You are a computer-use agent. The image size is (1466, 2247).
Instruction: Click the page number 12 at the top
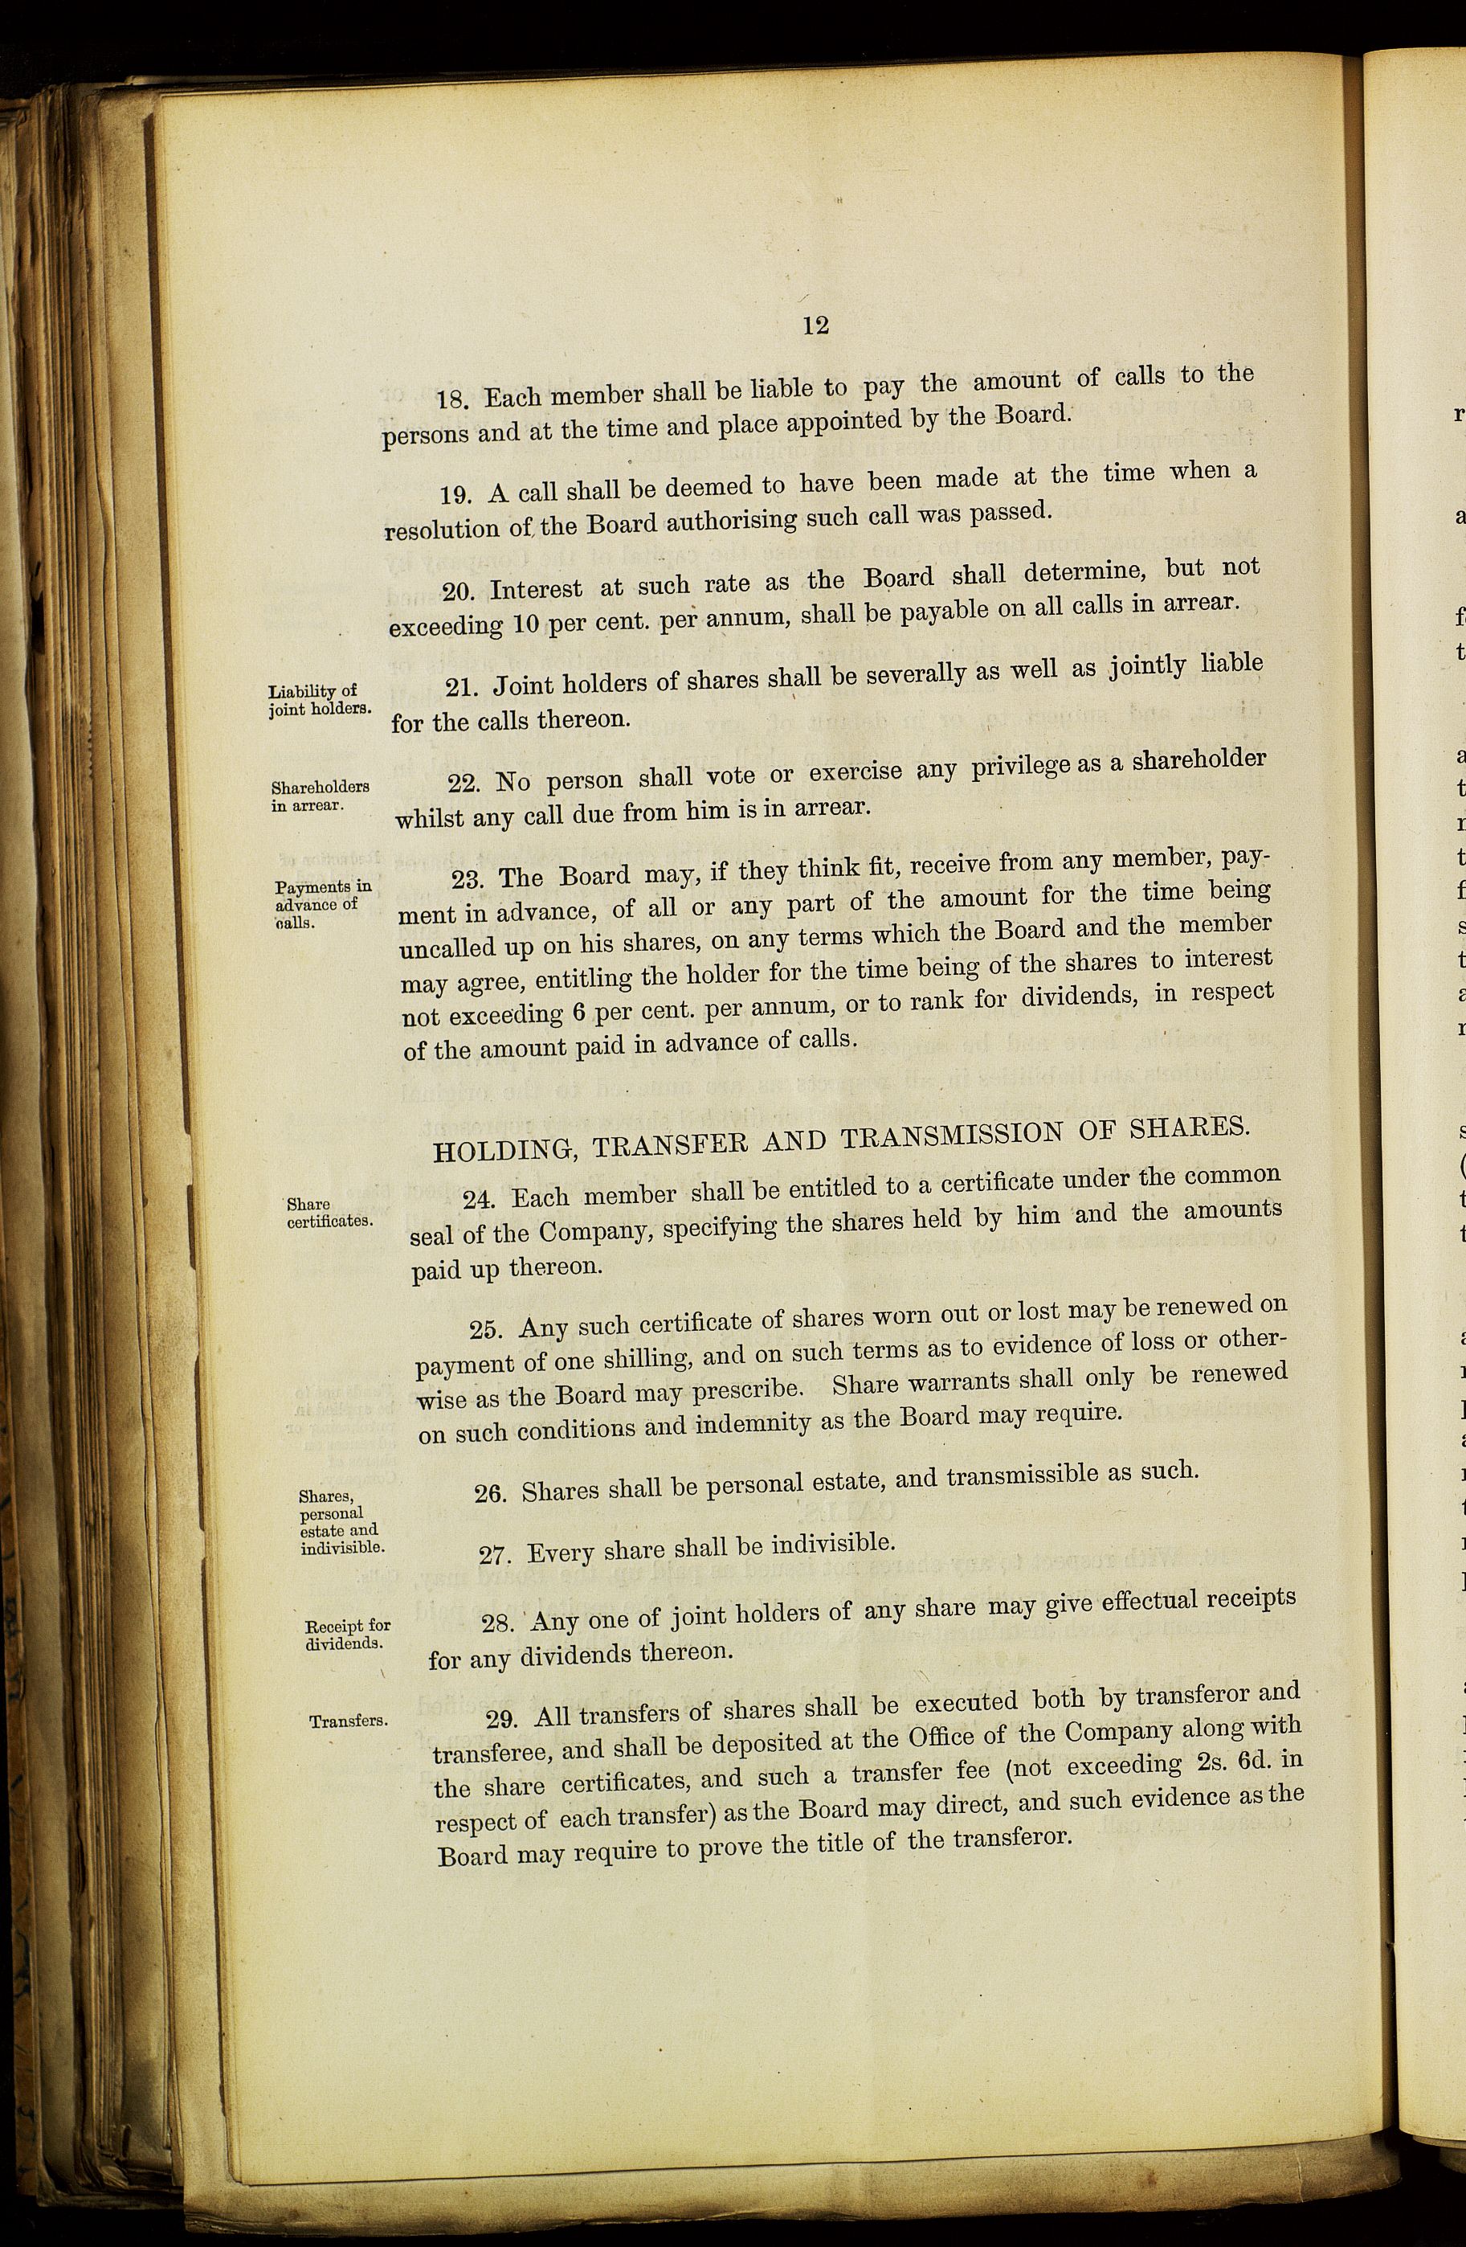[x=815, y=325]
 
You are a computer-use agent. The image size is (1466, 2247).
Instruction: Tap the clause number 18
[x=452, y=399]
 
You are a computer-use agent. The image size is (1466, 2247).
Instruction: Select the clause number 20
[x=459, y=591]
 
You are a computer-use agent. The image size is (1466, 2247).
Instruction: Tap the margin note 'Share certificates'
[x=329, y=1212]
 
